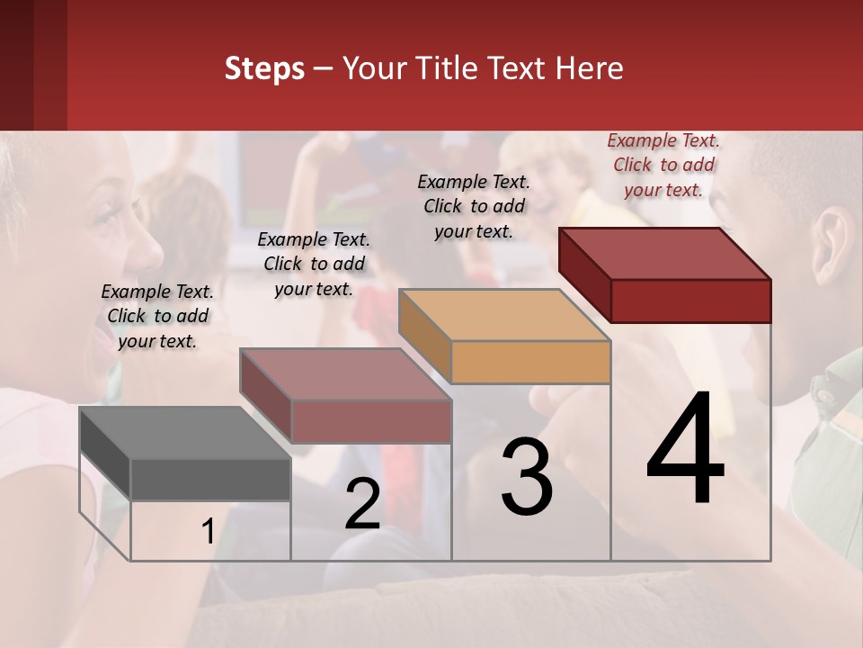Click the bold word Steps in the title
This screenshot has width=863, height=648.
(264, 68)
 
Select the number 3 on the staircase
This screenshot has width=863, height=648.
(527, 477)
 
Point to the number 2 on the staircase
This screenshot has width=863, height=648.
(362, 505)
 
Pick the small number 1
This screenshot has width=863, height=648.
(208, 532)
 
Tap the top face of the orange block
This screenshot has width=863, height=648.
(503, 315)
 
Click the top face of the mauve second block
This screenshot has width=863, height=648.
(344, 374)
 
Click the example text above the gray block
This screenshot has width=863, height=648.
(157, 316)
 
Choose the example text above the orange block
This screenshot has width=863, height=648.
(474, 206)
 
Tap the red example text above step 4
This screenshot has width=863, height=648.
(663, 165)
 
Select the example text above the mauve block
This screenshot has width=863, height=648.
(314, 264)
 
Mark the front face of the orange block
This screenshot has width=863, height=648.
(530, 363)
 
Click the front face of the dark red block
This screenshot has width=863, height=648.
(690, 301)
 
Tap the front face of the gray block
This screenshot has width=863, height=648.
(210, 479)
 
